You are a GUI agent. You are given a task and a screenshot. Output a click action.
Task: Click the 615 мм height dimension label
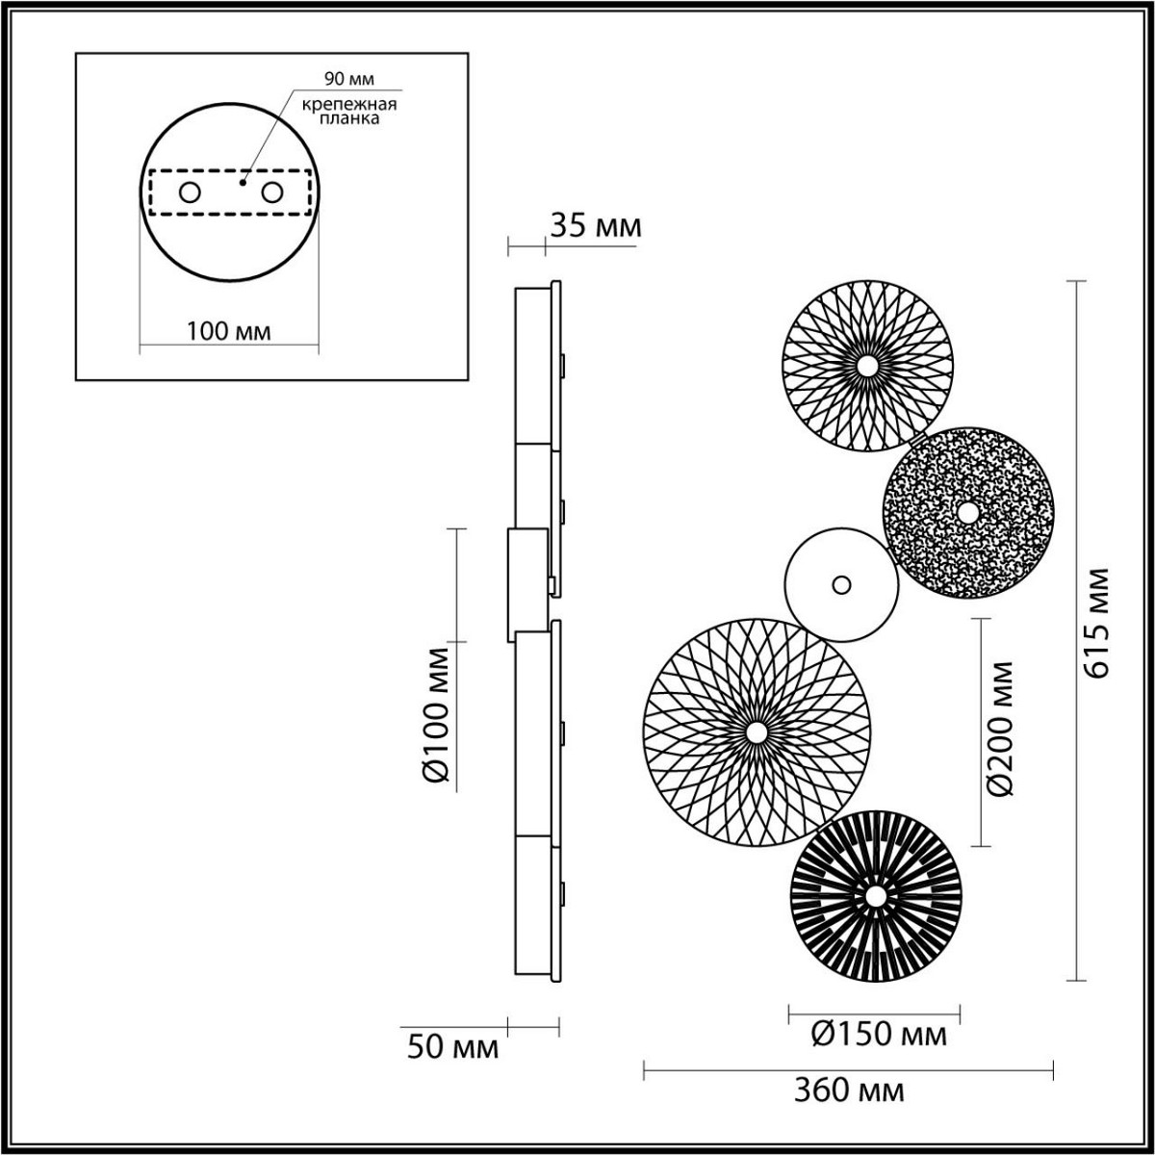1098,624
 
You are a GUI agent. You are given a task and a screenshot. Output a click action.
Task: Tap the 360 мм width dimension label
849,1091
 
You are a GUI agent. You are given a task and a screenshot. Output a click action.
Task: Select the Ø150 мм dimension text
879,1036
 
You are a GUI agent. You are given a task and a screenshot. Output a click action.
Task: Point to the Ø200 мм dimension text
1002,728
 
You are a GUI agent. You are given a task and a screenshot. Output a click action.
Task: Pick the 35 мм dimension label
594,227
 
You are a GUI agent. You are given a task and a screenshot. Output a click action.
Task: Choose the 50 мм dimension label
452,1047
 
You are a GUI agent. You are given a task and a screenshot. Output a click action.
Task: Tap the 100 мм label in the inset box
228,332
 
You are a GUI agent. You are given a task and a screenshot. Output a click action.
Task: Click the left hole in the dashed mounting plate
190,192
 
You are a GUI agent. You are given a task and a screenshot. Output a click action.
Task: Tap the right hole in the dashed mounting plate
273,192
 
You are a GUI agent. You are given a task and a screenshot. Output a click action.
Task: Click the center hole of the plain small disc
841,584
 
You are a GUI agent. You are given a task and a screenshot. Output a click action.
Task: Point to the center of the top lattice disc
867,366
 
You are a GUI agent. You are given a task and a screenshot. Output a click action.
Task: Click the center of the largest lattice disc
757,733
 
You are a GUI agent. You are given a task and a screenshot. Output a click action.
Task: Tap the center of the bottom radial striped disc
875,897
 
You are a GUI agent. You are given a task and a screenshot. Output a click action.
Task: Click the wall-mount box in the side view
526,584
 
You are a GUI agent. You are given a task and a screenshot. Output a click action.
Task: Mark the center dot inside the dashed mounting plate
244,180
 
